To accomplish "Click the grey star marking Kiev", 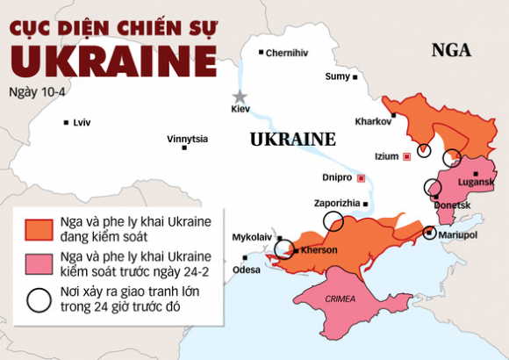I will click(x=238, y=97).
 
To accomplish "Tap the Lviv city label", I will click(x=82, y=122).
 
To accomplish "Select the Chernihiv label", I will click(x=287, y=53).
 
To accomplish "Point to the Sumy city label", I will click(x=337, y=76).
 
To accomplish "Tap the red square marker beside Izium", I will click(x=406, y=157).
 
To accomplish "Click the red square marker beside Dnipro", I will click(x=360, y=177).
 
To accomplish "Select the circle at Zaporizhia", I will click(x=333, y=220).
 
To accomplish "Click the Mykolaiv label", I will click(x=253, y=237).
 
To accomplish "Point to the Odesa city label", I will click(x=246, y=270).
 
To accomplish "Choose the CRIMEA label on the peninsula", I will click(x=341, y=299).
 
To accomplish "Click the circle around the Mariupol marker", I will click(x=429, y=233).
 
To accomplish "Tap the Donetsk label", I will click(x=453, y=205).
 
